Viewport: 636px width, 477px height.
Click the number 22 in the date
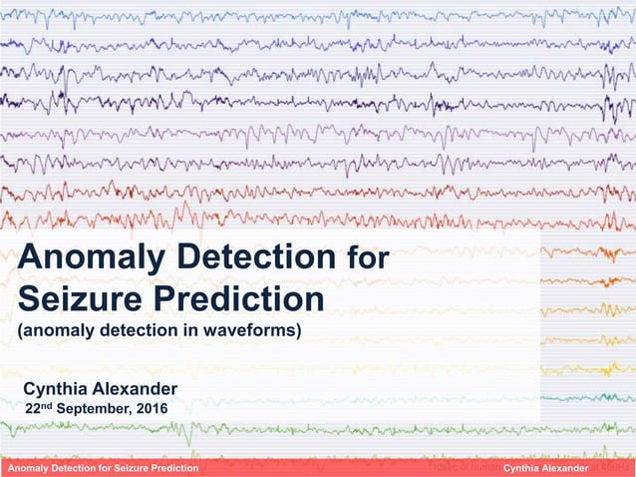[30, 408]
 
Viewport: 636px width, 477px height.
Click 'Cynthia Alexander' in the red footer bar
[546, 469]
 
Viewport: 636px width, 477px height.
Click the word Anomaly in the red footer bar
[31, 469]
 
